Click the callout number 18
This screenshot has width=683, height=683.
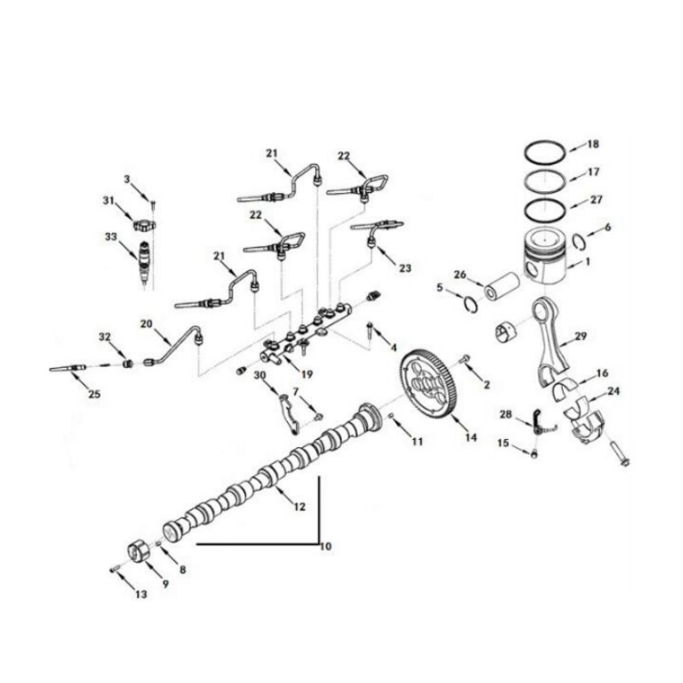coord(593,144)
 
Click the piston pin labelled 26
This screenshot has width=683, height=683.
coord(503,287)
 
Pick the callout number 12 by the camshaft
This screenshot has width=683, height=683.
coord(300,506)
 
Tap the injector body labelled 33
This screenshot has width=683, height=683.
coord(145,262)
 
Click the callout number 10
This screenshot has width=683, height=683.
coord(325,546)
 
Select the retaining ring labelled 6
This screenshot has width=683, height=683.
coord(578,241)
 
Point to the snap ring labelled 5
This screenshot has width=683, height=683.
coord(471,304)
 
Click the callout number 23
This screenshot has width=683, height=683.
coord(405,268)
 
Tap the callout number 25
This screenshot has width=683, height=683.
coord(94,393)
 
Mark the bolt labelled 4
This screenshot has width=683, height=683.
coord(370,331)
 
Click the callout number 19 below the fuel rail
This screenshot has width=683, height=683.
coord(307,374)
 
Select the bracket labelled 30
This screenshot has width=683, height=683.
coord(289,413)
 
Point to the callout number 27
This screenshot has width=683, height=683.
coord(596,199)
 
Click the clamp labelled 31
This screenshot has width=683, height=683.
coord(144,226)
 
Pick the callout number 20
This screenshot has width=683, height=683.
coord(147,323)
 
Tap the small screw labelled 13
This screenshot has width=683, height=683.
coord(115,569)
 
